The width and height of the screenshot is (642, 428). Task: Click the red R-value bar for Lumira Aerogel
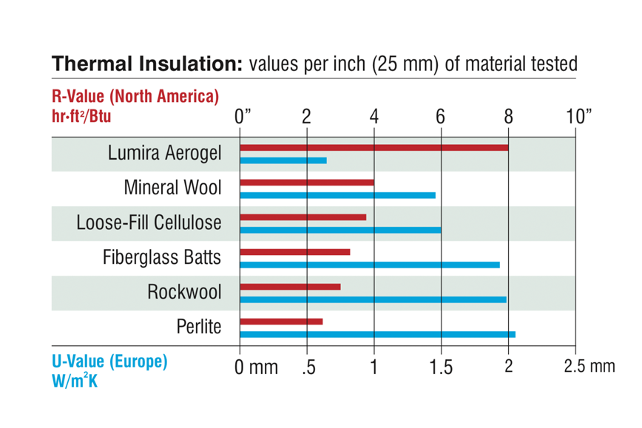pyautogui.click(x=374, y=148)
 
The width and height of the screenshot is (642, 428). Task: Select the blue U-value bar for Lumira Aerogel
pyautogui.click(x=283, y=160)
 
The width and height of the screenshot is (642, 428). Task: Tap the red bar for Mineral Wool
pyautogui.click(x=307, y=183)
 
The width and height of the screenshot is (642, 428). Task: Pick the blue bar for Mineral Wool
pyautogui.click(x=338, y=195)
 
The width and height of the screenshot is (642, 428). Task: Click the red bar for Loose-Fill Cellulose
pyautogui.click(x=303, y=217)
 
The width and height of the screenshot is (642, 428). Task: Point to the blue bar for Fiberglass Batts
pyautogui.click(x=370, y=265)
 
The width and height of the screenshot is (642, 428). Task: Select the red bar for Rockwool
pyautogui.click(x=291, y=287)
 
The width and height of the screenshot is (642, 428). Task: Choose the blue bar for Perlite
pyautogui.click(x=378, y=334)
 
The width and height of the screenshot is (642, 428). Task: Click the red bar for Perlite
pyautogui.click(x=282, y=322)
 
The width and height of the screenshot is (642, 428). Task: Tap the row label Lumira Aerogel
pyautogui.click(x=164, y=154)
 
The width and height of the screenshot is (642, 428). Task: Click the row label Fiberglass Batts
pyautogui.click(x=161, y=258)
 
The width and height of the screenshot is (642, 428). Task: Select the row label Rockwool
pyautogui.click(x=184, y=292)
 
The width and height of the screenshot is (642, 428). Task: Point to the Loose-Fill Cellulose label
pyautogui.click(x=149, y=223)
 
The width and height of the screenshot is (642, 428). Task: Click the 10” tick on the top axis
pyautogui.click(x=579, y=116)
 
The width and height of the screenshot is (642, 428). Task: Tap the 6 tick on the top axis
pyautogui.click(x=441, y=116)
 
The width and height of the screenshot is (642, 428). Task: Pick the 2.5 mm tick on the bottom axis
pyautogui.click(x=589, y=366)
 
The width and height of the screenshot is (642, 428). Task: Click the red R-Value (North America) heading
pyautogui.click(x=135, y=97)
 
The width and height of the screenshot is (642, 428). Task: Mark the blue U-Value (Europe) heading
pyautogui.click(x=109, y=362)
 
